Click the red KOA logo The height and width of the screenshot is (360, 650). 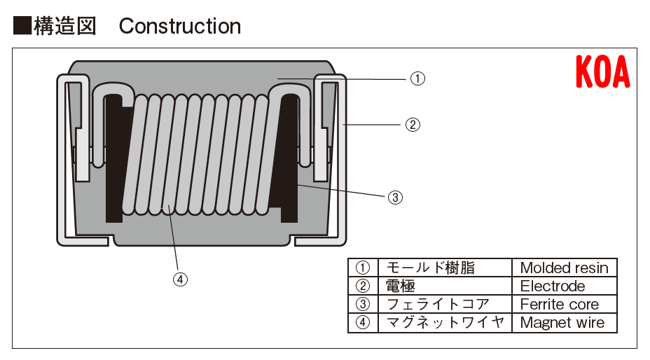tap(602, 72)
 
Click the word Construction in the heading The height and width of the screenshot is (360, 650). tap(180, 27)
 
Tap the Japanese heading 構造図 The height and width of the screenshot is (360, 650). tap(65, 26)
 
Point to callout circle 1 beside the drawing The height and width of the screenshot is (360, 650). tap(417, 78)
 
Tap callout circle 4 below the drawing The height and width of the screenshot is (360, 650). tap(180, 279)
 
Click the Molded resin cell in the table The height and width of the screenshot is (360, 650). tap(565, 268)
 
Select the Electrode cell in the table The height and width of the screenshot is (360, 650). tap(553, 286)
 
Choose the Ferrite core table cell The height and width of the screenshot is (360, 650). tap(560, 304)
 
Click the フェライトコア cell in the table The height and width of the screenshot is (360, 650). tap(438, 304)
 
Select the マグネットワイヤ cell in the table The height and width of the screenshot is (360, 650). tap(445, 322)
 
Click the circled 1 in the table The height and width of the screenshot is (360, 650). tap(362, 268)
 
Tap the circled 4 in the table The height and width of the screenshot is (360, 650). tap(362, 322)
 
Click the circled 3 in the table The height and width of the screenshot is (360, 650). tap(362, 304)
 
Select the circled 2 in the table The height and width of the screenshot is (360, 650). tap(362, 286)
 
